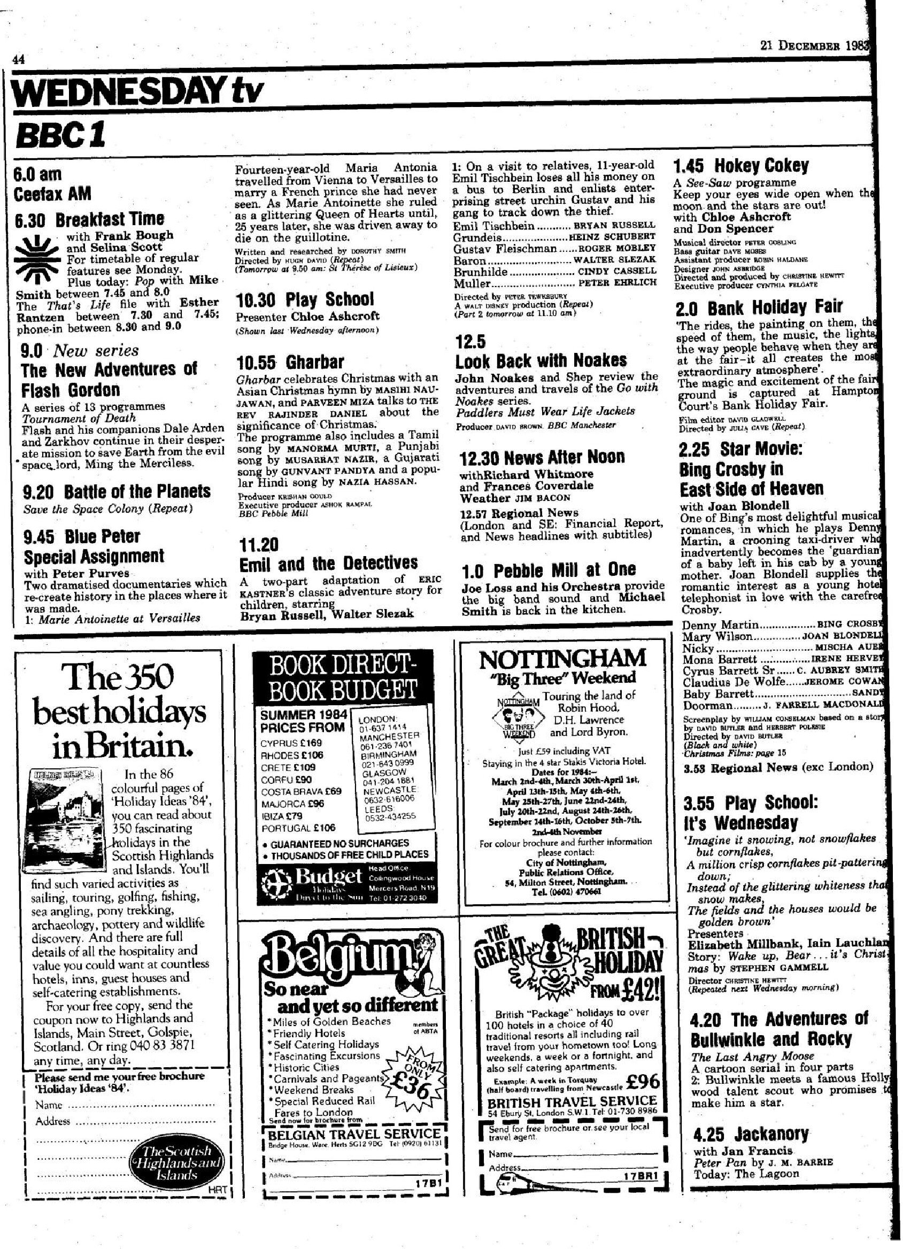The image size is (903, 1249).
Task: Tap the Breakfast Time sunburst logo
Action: (36, 256)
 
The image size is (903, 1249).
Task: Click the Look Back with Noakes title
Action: (541, 361)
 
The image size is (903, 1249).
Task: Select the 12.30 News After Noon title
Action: (542, 457)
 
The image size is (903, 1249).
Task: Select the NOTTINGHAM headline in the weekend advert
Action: (563, 658)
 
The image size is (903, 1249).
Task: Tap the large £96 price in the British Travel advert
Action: (643, 1081)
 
